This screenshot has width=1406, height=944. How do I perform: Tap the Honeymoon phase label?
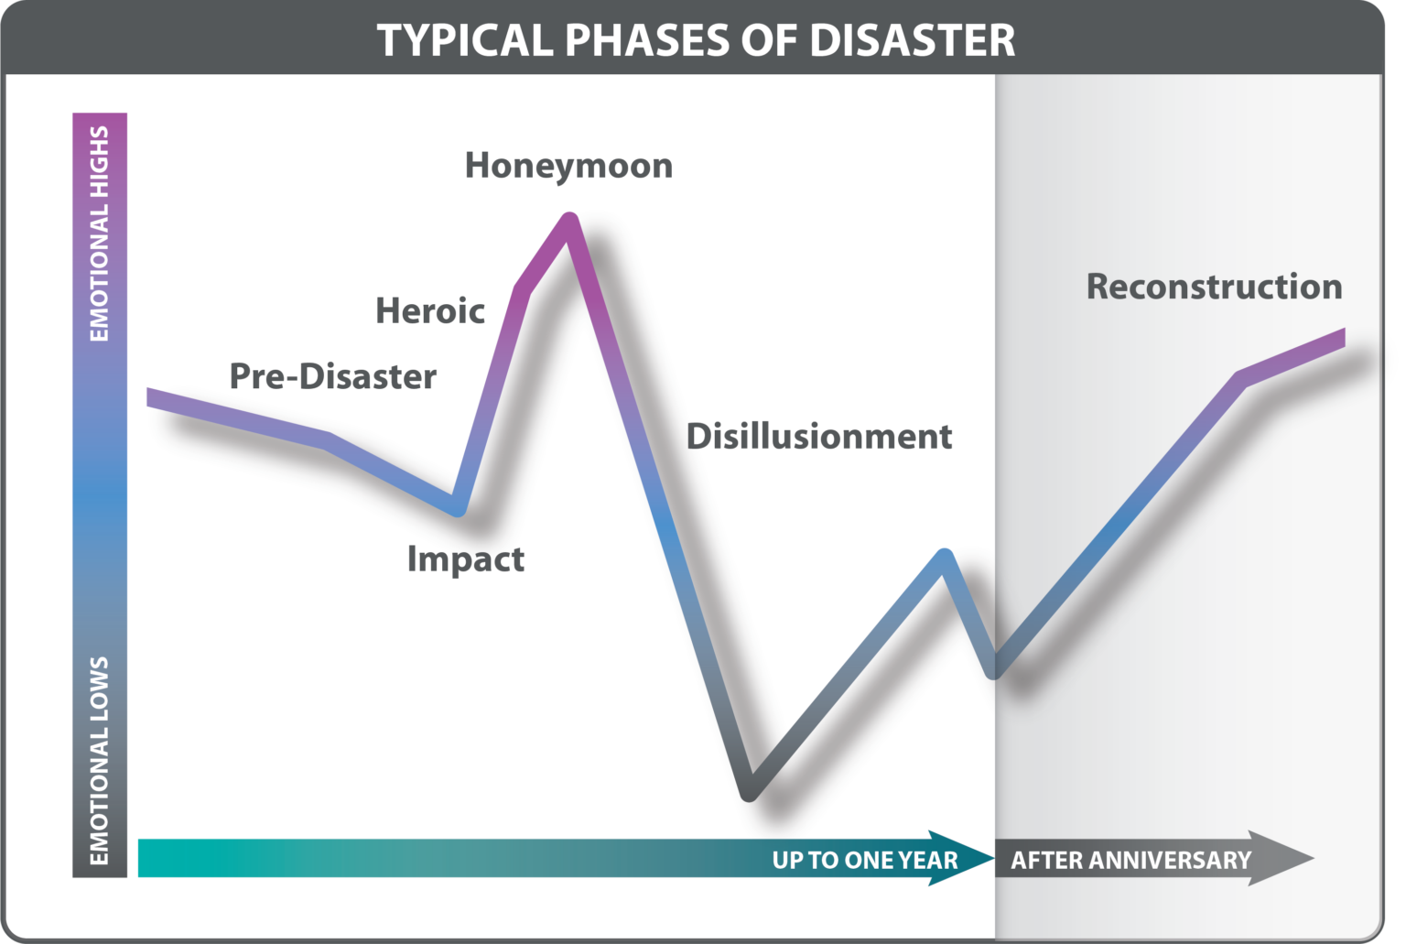click(568, 166)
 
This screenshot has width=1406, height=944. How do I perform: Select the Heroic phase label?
click(430, 311)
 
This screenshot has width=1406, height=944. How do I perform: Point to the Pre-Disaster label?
click(332, 376)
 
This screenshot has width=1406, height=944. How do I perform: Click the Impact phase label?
click(465, 559)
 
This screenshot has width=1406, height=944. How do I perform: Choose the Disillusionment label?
click(818, 437)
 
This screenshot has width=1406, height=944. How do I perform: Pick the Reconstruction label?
click(1214, 287)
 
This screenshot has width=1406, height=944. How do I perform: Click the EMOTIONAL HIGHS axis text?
click(99, 233)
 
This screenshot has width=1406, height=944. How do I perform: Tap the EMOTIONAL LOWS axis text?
click(99, 760)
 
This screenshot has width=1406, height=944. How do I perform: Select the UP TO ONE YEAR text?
click(864, 860)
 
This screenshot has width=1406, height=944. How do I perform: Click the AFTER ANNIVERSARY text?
click(1130, 860)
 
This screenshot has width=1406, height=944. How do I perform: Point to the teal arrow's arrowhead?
click(966, 858)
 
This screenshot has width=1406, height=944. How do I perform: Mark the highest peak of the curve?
click(568, 220)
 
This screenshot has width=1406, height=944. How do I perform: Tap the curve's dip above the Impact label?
click(457, 508)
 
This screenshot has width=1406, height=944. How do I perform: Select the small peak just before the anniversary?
click(945, 556)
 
